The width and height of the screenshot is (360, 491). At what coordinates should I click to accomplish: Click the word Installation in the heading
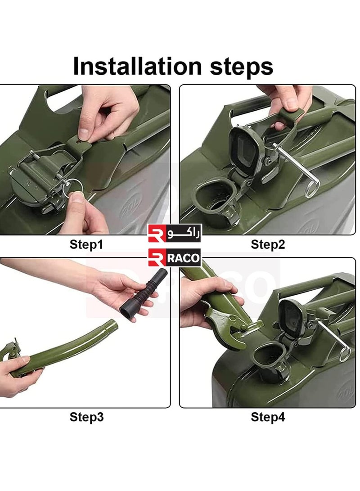tap(137, 66)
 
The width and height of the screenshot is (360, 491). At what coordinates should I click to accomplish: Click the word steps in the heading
tap(241, 67)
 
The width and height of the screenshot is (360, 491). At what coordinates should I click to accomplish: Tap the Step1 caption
tap(86, 244)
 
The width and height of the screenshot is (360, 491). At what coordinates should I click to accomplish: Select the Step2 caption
tap(268, 244)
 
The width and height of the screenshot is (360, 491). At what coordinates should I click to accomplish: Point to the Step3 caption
tap(86, 417)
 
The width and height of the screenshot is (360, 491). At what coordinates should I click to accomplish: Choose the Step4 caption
tap(268, 417)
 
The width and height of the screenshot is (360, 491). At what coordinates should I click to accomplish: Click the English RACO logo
tap(174, 258)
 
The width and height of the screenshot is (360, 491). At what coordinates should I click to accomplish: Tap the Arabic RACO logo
tap(175, 233)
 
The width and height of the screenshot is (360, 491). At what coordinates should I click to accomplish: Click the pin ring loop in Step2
tap(312, 188)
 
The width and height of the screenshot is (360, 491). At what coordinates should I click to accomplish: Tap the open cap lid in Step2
tap(243, 146)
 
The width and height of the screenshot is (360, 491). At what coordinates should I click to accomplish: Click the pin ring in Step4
tap(344, 353)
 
